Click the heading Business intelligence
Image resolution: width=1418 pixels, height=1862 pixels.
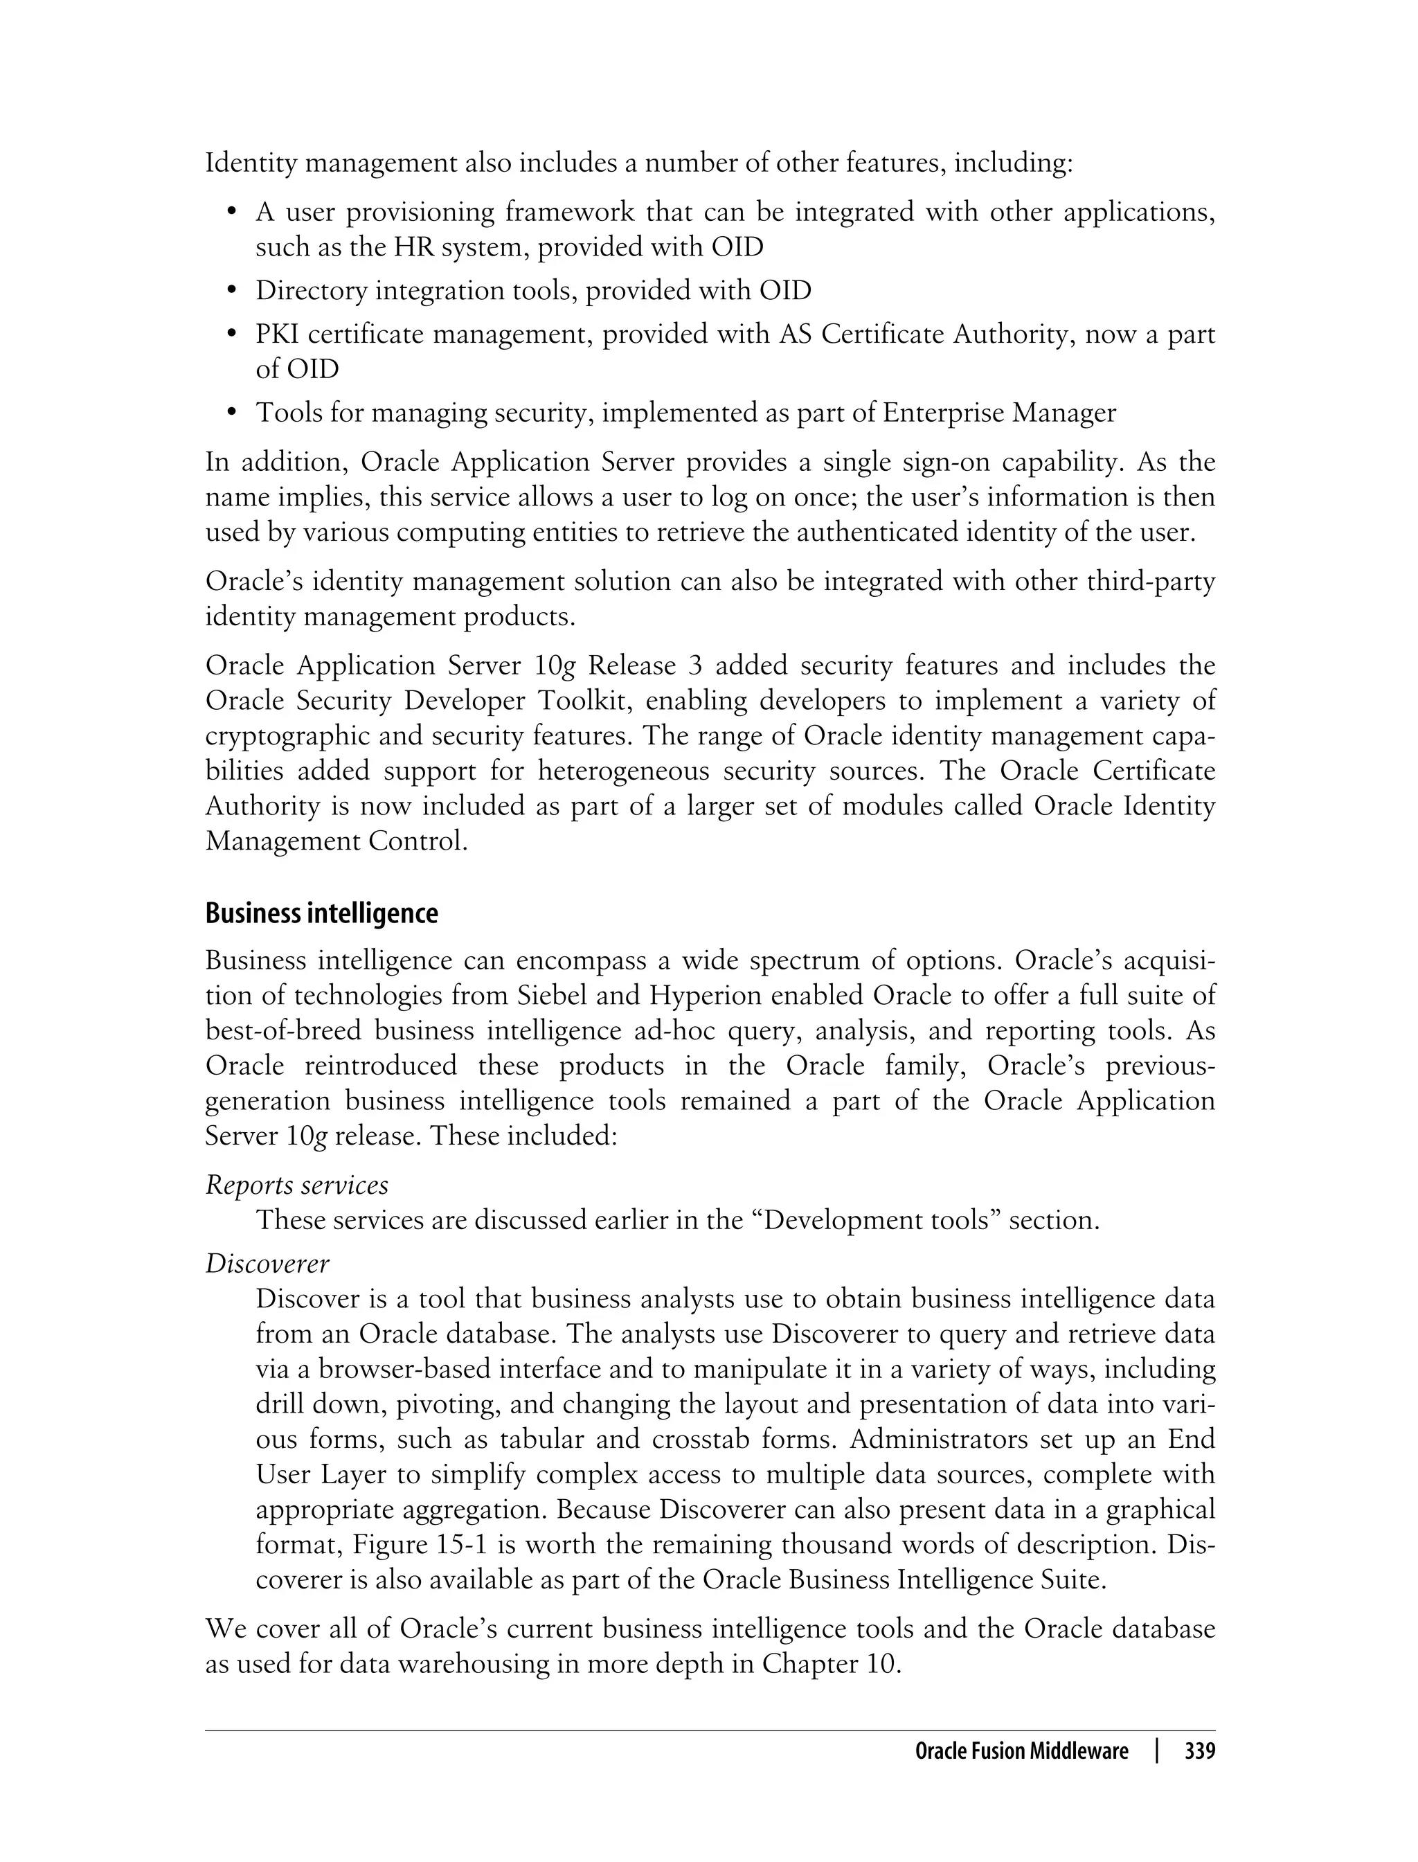321,914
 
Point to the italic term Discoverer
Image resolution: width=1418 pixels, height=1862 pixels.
267,1264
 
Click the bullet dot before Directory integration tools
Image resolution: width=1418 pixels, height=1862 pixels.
231,292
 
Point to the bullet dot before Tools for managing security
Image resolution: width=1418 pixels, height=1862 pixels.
231,413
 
